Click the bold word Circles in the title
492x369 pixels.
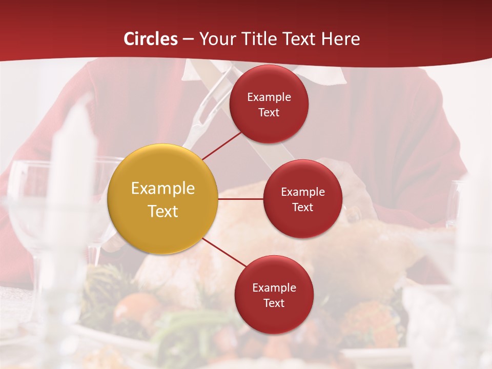pos(151,39)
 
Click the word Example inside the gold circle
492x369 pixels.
pos(163,188)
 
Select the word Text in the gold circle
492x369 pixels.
pos(163,211)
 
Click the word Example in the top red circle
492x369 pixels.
pos(269,97)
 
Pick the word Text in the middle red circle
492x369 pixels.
pos(302,207)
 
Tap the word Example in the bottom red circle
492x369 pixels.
pos(274,288)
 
